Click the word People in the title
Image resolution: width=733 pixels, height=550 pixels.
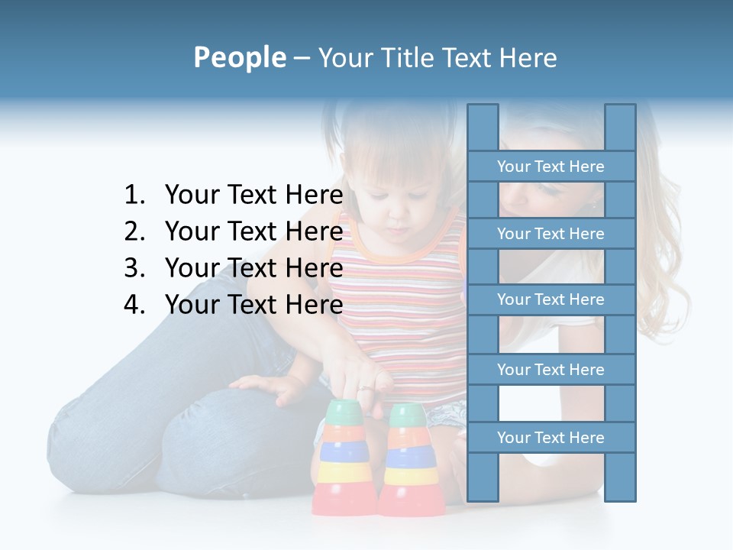point(239,57)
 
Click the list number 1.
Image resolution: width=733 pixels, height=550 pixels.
point(134,196)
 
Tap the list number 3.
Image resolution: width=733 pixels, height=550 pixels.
point(134,269)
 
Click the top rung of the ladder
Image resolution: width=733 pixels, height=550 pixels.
point(551,167)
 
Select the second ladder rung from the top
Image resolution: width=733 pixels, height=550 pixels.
point(551,234)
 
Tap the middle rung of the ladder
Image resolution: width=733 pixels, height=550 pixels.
point(551,299)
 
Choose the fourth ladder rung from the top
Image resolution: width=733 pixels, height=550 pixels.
point(551,370)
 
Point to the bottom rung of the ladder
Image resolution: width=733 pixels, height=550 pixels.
point(551,438)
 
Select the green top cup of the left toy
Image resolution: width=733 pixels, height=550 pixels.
point(343,412)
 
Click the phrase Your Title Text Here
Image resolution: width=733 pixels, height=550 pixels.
point(437,57)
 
